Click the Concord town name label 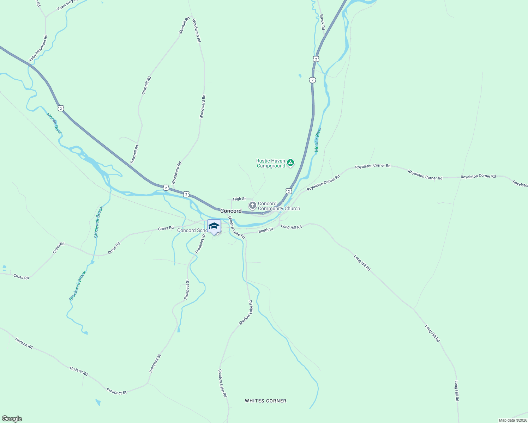point(231,211)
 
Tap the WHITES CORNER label point(265,401)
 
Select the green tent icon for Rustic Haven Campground point(290,163)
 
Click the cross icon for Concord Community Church point(252,205)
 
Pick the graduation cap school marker point(214,226)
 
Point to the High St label point(239,199)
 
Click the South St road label point(266,230)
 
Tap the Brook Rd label point(322,22)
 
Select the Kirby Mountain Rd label point(38,48)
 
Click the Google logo point(12,418)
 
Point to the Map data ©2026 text point(512,420)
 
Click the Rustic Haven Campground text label point(271,163)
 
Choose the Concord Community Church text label point(279,206)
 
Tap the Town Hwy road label point(67,5)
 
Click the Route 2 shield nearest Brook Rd point(316,59)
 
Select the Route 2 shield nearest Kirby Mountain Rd point(61,108)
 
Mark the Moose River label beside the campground point(318,140)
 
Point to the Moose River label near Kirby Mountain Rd point(54,123)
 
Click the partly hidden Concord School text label point(192,231)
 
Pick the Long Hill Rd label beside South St point(291,227)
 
